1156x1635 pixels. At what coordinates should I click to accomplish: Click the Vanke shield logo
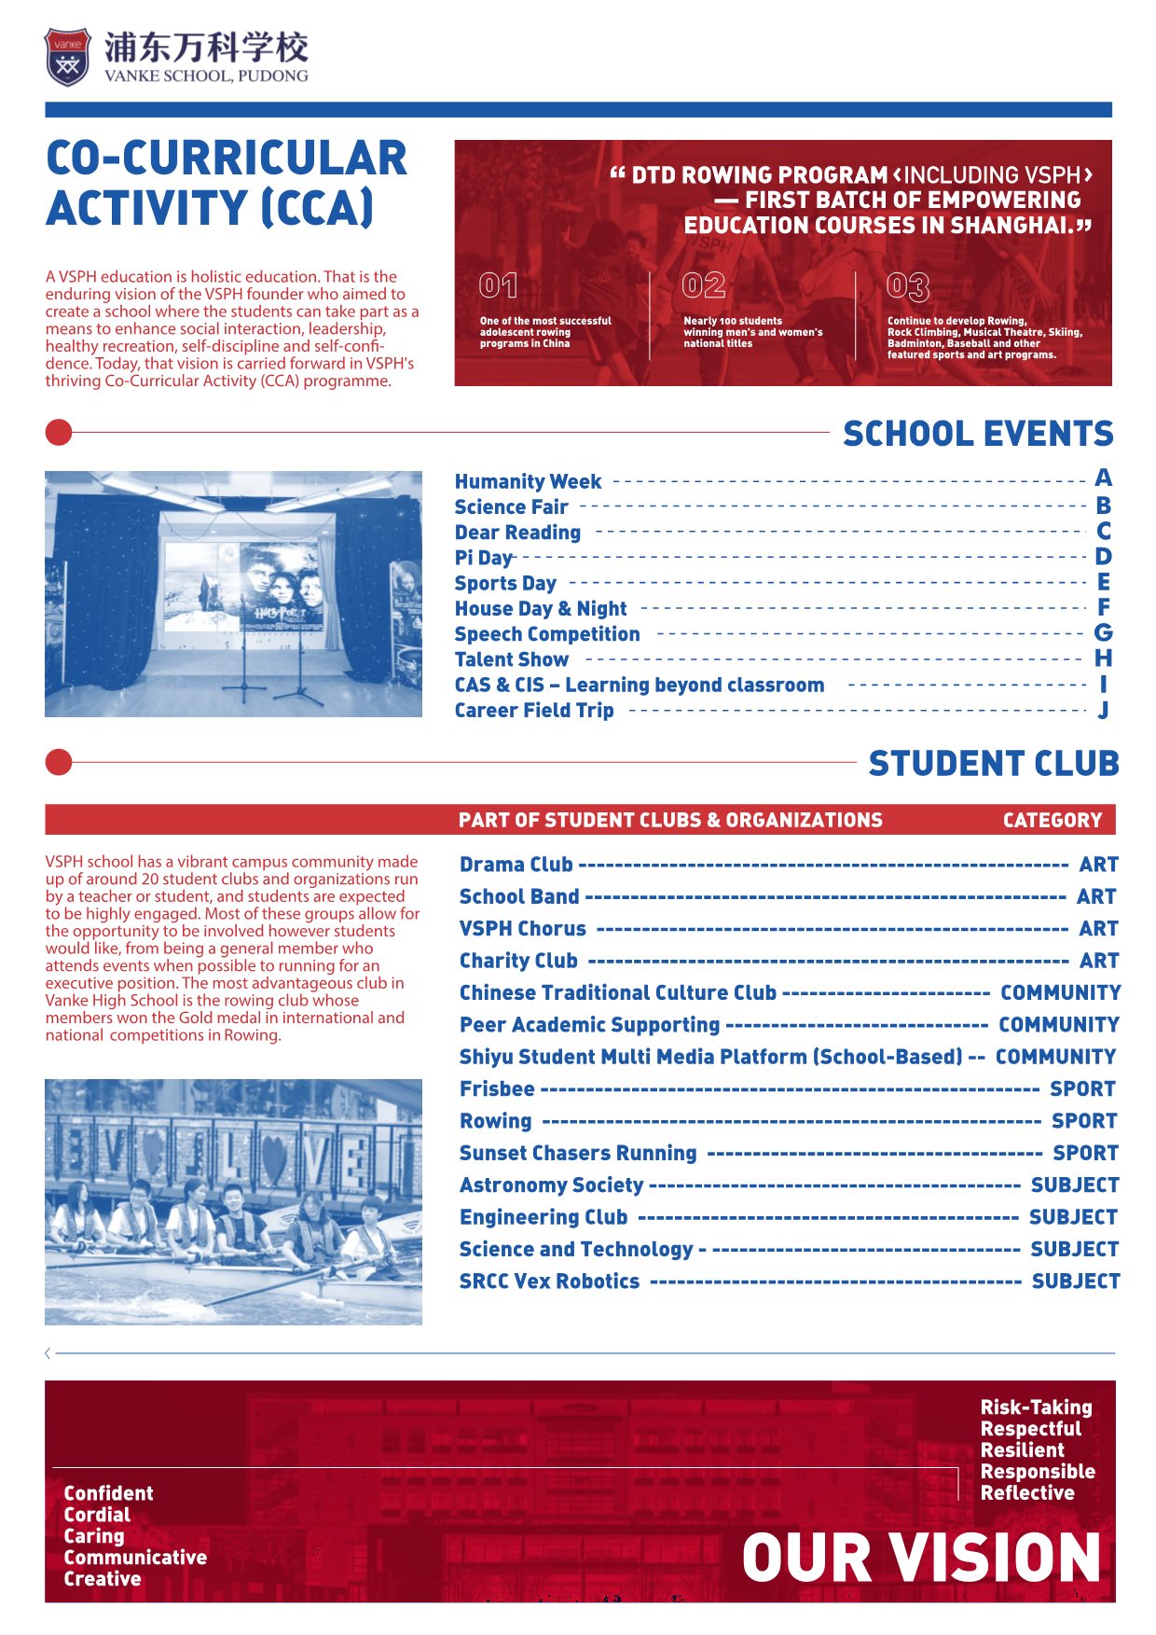click(x=68, y=57)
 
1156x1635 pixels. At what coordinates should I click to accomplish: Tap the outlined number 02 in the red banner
click(x=703, y=285)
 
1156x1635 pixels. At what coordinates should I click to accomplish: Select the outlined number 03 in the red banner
click(x=907, y=286)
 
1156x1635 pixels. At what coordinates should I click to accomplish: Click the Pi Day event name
click(x=483, y=558)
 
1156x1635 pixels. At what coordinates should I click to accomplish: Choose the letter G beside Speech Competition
click(x=1103, y=633)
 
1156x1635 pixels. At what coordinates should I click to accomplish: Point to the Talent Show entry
click(x=511, y=659)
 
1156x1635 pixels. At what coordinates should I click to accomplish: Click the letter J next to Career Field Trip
click(x=1103, y=711)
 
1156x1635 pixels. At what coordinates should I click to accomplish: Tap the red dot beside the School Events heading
click(x=59, y=433)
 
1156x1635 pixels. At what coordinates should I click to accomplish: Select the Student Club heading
click(x=993, y=764)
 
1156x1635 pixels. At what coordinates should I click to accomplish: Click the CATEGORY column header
click(x=1052, y=821)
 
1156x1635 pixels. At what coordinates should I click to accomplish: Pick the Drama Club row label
click(x=516, y=865)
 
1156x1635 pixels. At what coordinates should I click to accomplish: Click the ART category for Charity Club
click(x=1098, y=961)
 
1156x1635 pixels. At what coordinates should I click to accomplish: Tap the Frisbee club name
click(x=497, y=1089)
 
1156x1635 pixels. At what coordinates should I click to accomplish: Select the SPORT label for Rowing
click(x=1084, y=1121)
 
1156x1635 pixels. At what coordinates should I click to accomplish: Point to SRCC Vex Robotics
click(x=549, y=1282)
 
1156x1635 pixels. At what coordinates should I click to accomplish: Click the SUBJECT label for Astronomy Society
click(x=1074, y=1185)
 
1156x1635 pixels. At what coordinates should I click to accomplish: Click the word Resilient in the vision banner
click(x=1022, y=1450)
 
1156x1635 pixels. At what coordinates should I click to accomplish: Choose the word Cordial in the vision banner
click(x=97, y=1515)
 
